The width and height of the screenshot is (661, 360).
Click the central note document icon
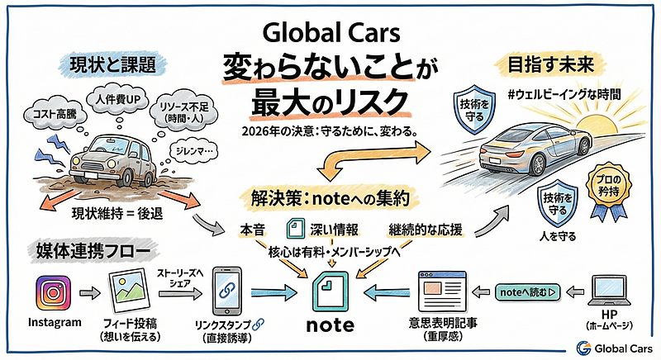330,288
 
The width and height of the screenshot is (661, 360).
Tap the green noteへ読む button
526,291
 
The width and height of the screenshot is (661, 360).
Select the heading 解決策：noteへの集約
329,197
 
